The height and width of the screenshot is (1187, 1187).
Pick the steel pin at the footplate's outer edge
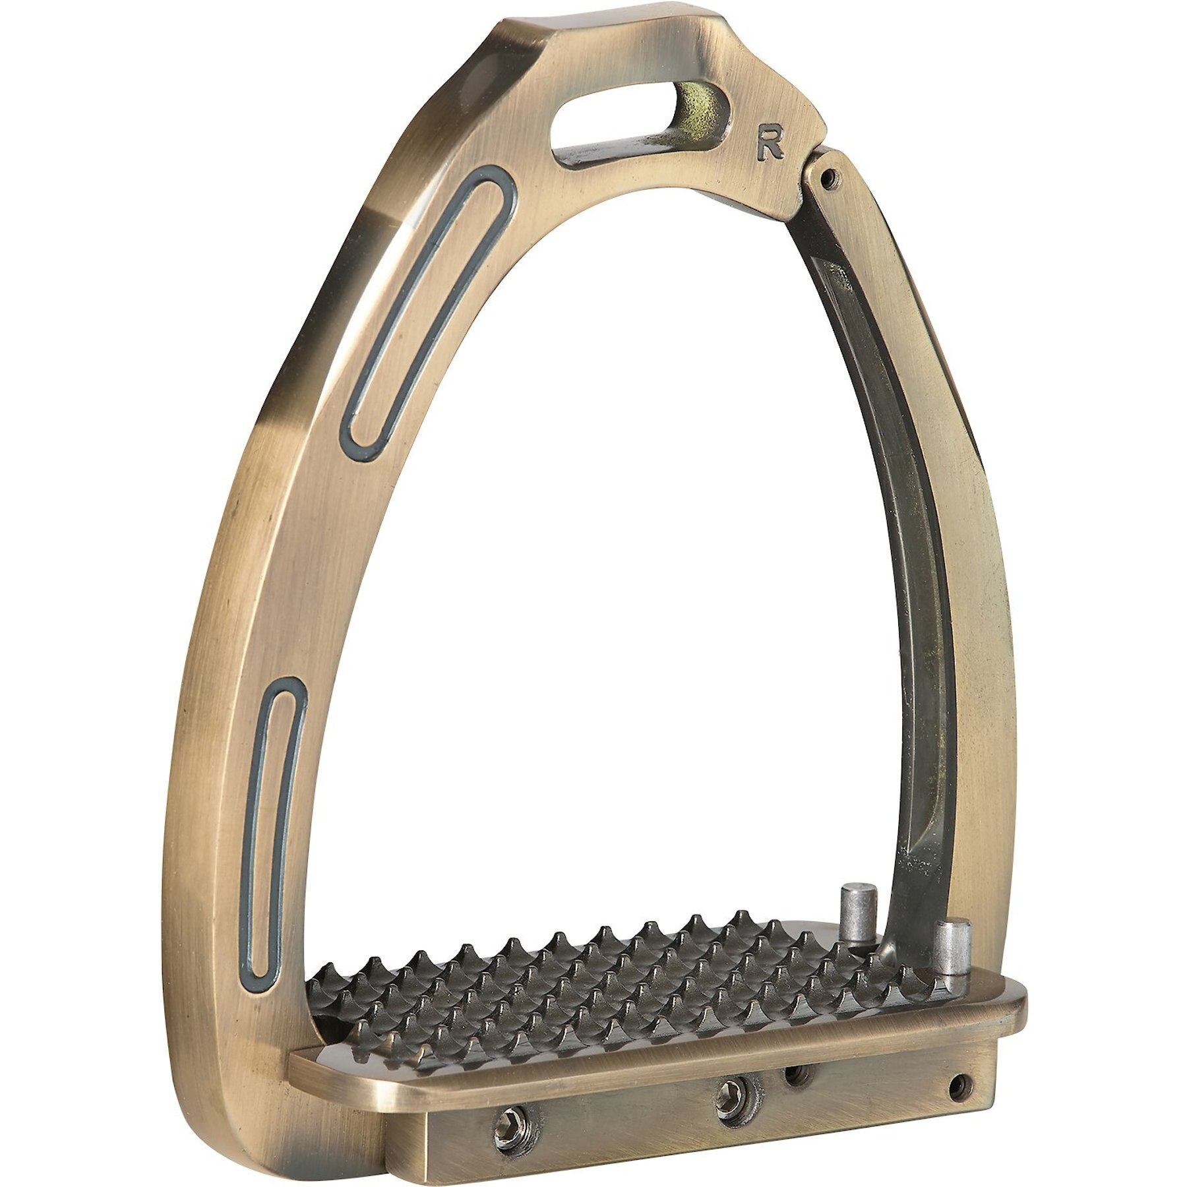click(x=949, y=963)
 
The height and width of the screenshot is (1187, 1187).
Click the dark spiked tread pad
click(x=593, y=989)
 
